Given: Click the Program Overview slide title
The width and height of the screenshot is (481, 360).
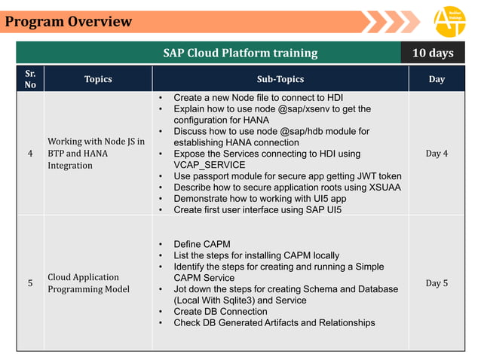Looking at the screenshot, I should [x=69, y=21].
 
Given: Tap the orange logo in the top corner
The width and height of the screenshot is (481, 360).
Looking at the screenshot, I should [x=449, y=21].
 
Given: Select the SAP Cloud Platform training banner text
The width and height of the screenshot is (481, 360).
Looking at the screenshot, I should [x=240, y=53].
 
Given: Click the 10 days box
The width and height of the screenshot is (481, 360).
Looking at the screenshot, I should [x=433, y=53].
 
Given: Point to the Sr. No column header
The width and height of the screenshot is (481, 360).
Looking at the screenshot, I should [x=30, y=79].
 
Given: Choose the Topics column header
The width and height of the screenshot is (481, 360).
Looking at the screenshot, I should [x=98, y=79].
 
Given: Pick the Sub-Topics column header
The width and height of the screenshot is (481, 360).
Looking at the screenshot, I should [x=280, y=79].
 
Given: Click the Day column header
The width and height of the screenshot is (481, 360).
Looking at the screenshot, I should [x=437, y=79].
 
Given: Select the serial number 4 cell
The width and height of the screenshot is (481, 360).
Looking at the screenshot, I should [x=30, y=154].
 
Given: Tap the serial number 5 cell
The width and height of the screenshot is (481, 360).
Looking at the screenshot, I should [x=30, y=283].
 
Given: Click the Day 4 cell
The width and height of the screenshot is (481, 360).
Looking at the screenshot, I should [x=437, y=154].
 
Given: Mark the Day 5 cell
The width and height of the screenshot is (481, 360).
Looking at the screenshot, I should [x=437, y=283].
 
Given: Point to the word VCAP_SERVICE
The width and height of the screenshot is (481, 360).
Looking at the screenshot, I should [x=210, y=165].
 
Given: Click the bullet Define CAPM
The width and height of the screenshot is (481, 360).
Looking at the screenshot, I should [x=202, y=244].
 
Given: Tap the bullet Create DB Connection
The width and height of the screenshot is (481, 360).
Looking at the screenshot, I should [x=220, y=311].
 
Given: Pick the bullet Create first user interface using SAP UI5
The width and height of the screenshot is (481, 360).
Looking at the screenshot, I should [x=257, y=209].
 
